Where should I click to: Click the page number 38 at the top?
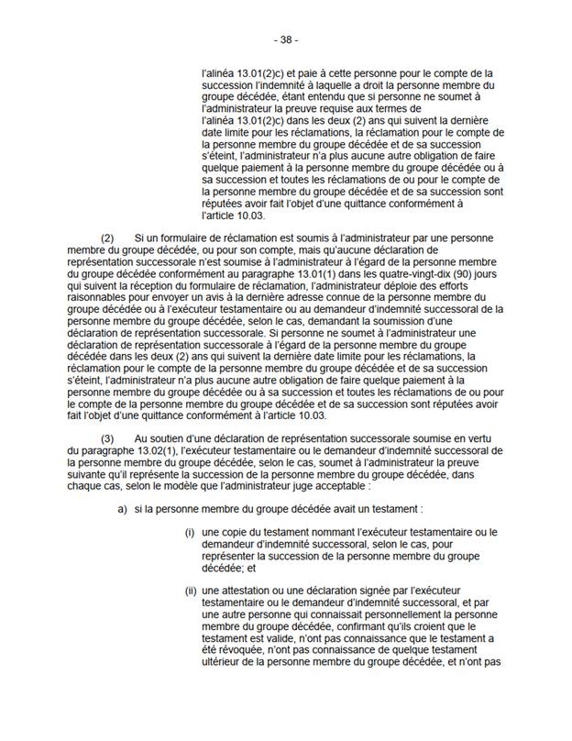[x=286, y=40]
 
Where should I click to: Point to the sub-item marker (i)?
[x=190, y=533]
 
